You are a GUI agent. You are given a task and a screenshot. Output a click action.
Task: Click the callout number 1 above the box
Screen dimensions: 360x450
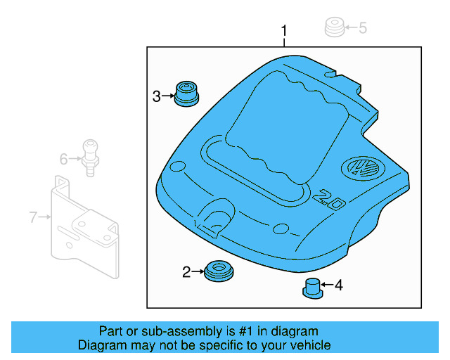pos(284,31)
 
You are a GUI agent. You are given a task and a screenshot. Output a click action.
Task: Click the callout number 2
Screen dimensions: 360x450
pos(186,272)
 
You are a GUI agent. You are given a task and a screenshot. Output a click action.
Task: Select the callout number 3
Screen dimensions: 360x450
pos(157,96)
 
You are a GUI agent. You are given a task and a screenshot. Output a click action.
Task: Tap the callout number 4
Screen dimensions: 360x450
pos(338,285)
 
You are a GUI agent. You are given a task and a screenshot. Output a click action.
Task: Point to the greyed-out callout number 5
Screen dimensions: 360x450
pos(363,28)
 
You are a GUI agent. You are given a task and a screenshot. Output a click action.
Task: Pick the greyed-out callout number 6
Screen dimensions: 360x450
pos(63,160)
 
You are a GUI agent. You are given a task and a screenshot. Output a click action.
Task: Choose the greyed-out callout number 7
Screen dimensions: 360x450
pos(33,217)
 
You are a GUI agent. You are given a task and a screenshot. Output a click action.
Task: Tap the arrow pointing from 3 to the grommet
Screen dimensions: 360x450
pos(169,96)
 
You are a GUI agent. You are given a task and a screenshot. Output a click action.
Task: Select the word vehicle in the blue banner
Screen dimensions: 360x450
pos(309,345)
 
